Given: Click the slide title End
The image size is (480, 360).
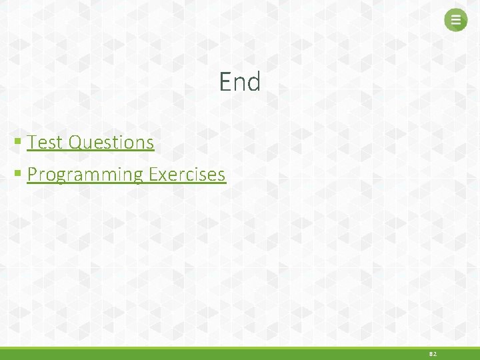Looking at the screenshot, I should pos(240,82).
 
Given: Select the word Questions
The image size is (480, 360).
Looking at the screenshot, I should pos(111,142).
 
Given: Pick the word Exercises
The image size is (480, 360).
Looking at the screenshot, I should pos(187,175).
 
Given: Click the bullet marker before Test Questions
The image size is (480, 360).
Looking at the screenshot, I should pos(18,142).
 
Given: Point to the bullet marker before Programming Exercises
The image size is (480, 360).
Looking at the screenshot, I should pos(18,174).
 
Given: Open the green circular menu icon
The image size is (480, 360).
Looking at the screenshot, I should pos(456,20).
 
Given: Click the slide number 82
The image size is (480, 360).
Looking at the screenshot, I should pos(433,354).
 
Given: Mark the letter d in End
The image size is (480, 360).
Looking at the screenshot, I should pos(253,82).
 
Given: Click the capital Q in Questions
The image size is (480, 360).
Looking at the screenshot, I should pos(75,142).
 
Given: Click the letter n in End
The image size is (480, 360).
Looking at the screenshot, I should pos(239,83).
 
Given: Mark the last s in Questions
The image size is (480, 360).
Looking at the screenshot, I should pos(150,143).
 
